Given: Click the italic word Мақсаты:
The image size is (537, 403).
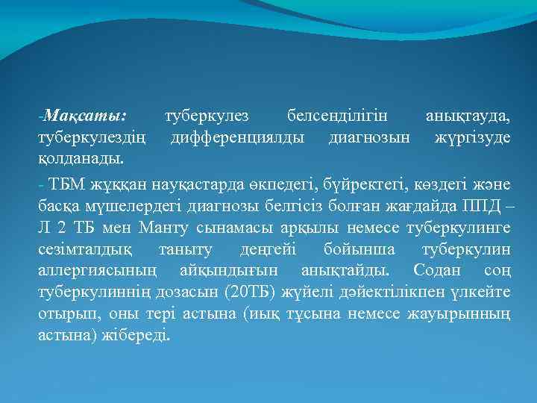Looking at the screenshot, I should pyautogui.click(x=85, y=117).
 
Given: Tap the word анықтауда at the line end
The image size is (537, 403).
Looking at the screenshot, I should pyautogui.click(x=468, y=117).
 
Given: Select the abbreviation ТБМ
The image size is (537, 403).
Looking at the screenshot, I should pyautogui.click(x=63, y=183).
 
